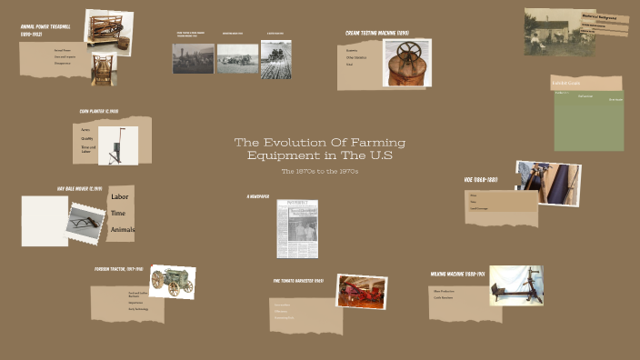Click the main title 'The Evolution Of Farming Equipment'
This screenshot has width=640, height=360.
click(x=320, y=149)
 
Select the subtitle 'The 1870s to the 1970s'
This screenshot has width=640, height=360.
click(x=320, y=171)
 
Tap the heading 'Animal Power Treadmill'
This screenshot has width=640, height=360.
click(x=46, y=31)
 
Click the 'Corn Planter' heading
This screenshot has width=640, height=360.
click(x=98, y=112)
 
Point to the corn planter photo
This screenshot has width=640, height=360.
click(x=118, y=145)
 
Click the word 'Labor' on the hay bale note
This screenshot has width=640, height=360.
click(x=119, y=197)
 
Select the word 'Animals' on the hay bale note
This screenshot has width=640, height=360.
click(x=122, y=230)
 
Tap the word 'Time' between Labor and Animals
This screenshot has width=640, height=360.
click(x=118, y=214)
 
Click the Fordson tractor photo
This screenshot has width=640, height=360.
click(x=172, y=283)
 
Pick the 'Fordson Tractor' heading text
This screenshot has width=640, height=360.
click(x=118, y=270)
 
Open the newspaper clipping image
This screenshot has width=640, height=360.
click(x=298, y=229)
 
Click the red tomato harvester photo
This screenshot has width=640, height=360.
click(x=361, y=292)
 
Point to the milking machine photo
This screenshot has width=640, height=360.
click(x=515, y=286)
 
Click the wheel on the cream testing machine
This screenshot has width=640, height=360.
click(x=408, y=51)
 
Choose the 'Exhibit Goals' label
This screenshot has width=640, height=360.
click(x=565, y=85)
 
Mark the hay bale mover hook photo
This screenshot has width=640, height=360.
click(x=86, y=222)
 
